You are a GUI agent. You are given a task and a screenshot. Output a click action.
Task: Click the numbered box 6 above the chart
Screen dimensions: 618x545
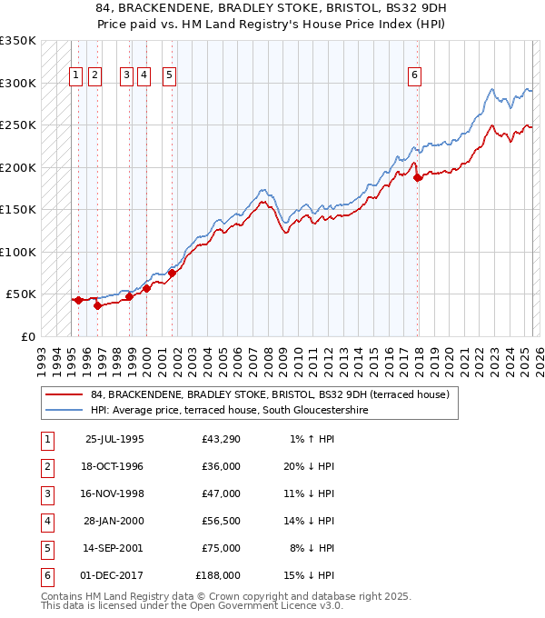tap(414, 75)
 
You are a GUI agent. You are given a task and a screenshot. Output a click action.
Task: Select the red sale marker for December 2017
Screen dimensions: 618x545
tap(418, 178)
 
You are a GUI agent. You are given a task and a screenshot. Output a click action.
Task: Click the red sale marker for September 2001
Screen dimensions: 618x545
tap(172, 273)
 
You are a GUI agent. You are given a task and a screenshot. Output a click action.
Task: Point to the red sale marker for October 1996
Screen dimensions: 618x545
tap(97, 305)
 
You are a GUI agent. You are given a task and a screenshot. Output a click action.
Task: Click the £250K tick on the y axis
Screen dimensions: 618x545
tap(18, 125)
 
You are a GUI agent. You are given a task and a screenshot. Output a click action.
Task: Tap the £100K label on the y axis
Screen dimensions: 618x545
tap(18, 252)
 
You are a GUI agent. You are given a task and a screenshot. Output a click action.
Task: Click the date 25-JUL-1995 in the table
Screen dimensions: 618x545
tap(114, 440)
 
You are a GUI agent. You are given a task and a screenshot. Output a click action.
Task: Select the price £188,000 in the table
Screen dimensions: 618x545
tap(219, 576)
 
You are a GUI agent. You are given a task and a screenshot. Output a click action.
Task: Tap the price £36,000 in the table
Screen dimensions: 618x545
tap(222, 467)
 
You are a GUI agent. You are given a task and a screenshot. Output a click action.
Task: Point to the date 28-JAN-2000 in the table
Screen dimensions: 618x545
tap(114, 522)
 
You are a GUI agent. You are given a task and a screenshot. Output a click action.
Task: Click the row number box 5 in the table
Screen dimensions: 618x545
tap(46, 549)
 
